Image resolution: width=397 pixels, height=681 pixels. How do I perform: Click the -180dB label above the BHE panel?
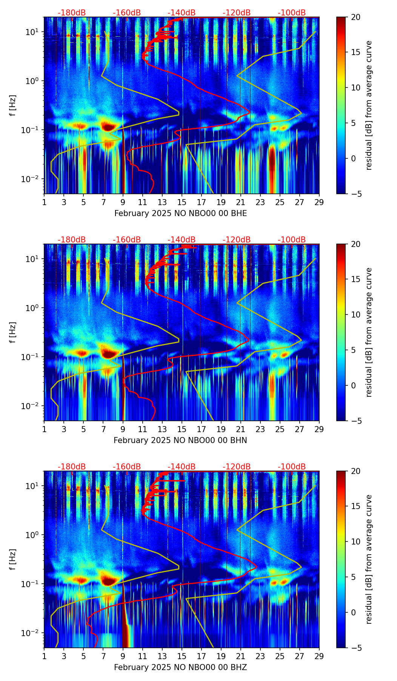point(72,13)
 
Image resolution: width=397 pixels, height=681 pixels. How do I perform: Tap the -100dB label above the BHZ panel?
point(292,467)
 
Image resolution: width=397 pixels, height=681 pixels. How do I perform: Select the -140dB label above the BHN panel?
point(182,240)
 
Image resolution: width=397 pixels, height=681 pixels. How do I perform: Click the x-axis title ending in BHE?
point(180,213)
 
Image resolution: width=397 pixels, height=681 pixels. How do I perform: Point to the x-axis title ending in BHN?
point(180,440)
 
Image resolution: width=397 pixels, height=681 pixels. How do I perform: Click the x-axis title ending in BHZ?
point(180,667)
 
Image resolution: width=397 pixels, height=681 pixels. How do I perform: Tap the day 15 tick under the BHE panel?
point(182,202)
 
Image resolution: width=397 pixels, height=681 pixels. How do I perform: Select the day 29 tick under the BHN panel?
point(319,429)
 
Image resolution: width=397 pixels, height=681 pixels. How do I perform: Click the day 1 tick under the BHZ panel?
point(45,656)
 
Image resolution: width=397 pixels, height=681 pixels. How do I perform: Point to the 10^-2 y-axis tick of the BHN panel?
point(31,406)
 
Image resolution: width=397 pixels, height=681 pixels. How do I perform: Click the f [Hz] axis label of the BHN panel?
point(13,332)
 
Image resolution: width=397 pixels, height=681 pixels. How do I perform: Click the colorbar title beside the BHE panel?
point(369,105)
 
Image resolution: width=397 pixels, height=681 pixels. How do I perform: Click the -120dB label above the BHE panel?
point(237,13)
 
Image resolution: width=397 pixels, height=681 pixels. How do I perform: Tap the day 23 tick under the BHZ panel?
point(260,656)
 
